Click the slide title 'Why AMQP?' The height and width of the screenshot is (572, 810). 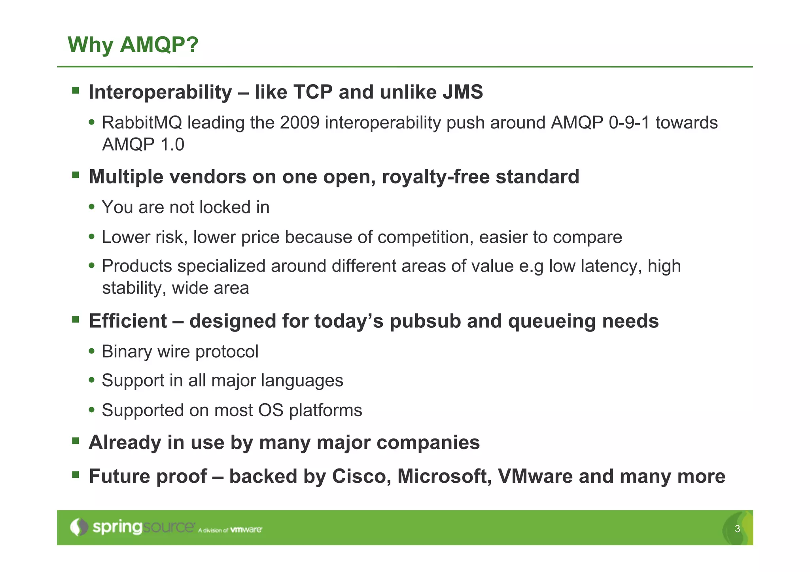pyautogui.click(x=133, y=44)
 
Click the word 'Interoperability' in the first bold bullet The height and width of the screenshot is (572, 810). pyautogui.click(x=160, y=92)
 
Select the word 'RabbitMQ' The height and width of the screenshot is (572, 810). pyautogui.click(x=142, y=123)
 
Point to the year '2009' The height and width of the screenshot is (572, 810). pyautogui.click(x=299, y=123)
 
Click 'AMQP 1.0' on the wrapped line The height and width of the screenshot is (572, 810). pyautogui.click(x=143, y=144)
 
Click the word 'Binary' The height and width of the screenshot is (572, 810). pyautogui.click(x=127, y=351)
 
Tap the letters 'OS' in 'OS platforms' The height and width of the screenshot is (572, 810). pyautogui.click(x=271, y=410)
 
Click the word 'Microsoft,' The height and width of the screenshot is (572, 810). pyautogui.click(x=444, y=476)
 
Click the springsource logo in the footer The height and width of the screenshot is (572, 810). pyautogui.click(x=133, y=527)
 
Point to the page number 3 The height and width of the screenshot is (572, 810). pyautogui.click(x=737, y=529)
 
